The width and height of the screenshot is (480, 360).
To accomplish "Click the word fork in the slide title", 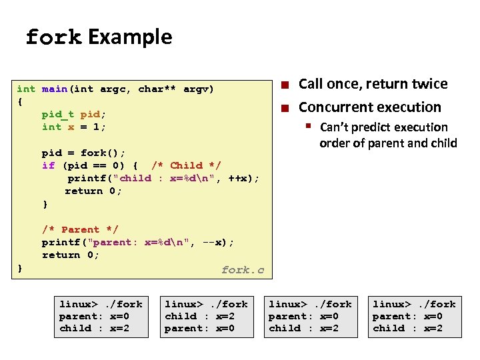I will click(x=53, y=37).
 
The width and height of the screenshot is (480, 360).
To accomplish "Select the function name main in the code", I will click(x=54, y=89).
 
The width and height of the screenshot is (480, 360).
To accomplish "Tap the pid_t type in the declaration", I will click(x=57, y=114).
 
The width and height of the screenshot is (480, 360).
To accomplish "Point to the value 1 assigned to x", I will click(x=96, y=127).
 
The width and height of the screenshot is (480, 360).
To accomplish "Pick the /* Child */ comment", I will click(x=186, y=165).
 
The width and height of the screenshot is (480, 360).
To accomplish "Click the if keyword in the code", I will click(x=48, y=165).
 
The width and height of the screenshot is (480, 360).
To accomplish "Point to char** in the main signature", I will click(x=157, y=89).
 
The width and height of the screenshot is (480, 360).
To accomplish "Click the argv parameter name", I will click(x=199, y=89).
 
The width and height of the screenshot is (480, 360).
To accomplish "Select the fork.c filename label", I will click(x=243, y=270).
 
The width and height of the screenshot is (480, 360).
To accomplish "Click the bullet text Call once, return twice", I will click(x=373, y=84).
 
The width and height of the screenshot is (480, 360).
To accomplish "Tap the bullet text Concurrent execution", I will click(x=369, y=107).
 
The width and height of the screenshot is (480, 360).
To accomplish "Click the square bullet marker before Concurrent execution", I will click(x=285, y=108).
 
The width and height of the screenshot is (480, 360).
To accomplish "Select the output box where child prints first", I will click(x=206, y=316).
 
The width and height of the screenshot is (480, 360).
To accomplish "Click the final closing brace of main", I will click(x=20, y=267).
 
